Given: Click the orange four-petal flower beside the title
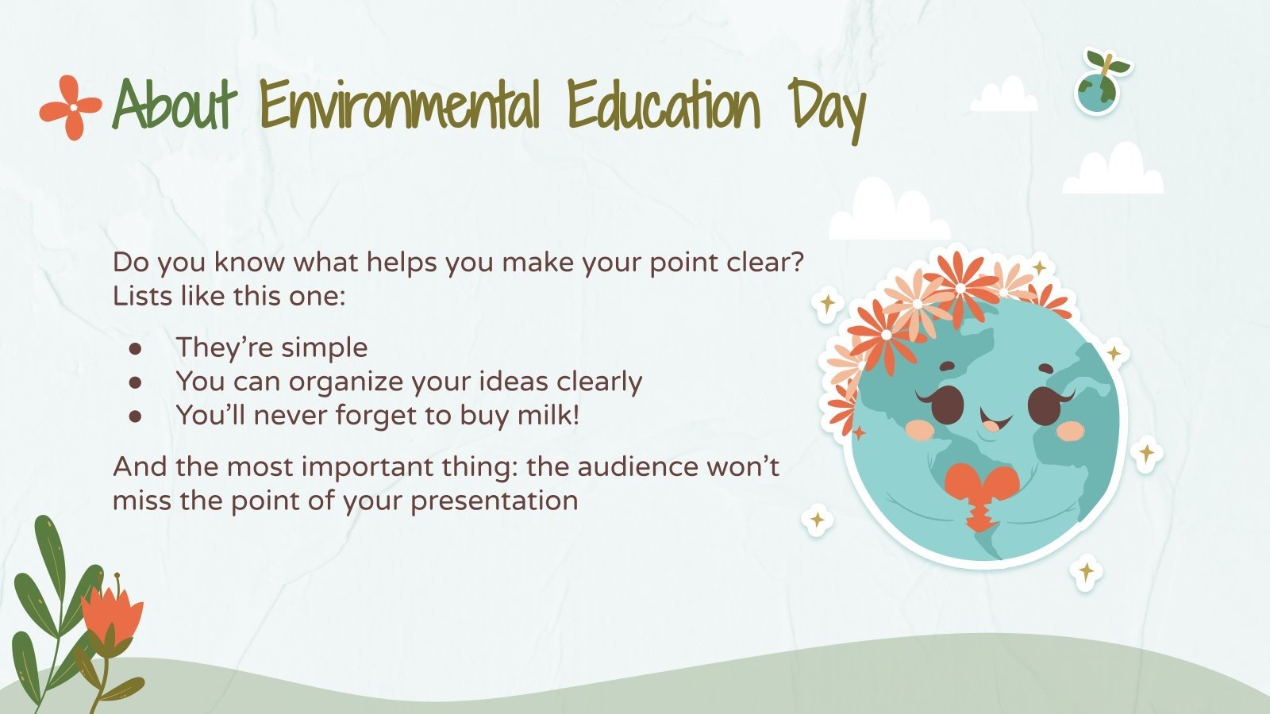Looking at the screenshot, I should pyautogui.click(x=71, y=107).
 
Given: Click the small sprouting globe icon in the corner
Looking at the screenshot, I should pyautogui.click(x=1099, y=83).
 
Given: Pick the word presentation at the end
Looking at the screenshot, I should pyautogui.click(x=494, y=501).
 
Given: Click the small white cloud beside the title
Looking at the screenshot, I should pyautogui.click(x=1004, y=97).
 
